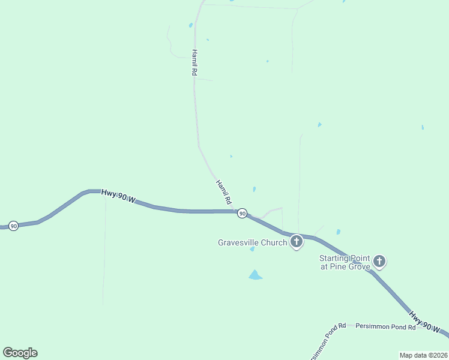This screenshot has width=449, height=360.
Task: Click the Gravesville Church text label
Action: (252, 243)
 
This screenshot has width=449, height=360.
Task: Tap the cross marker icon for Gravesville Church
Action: (296, 242)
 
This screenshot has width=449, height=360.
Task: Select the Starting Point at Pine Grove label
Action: (344, 262)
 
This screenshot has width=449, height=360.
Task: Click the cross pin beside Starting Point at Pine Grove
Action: (379, 261)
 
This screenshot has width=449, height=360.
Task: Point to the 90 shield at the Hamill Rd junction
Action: (241, 214)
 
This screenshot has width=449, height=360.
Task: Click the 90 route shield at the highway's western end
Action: (13, 226)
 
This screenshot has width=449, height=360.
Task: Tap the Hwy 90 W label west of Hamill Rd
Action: (119, 196)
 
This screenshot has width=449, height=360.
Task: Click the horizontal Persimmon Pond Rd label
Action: (385, 327)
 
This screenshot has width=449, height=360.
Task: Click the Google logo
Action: (20, 353)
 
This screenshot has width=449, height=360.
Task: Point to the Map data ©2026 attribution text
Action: (423, 355)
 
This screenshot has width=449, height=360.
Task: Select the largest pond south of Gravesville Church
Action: (255, 275)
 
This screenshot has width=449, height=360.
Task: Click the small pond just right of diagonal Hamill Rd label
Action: (254, 190)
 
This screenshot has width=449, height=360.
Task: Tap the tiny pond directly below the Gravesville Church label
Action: (252, 250)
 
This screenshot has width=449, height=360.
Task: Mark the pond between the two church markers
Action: (339, 232)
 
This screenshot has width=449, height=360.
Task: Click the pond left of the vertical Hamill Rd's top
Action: (191, 25)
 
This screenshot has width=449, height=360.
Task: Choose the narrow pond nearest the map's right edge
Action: (423, 127)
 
